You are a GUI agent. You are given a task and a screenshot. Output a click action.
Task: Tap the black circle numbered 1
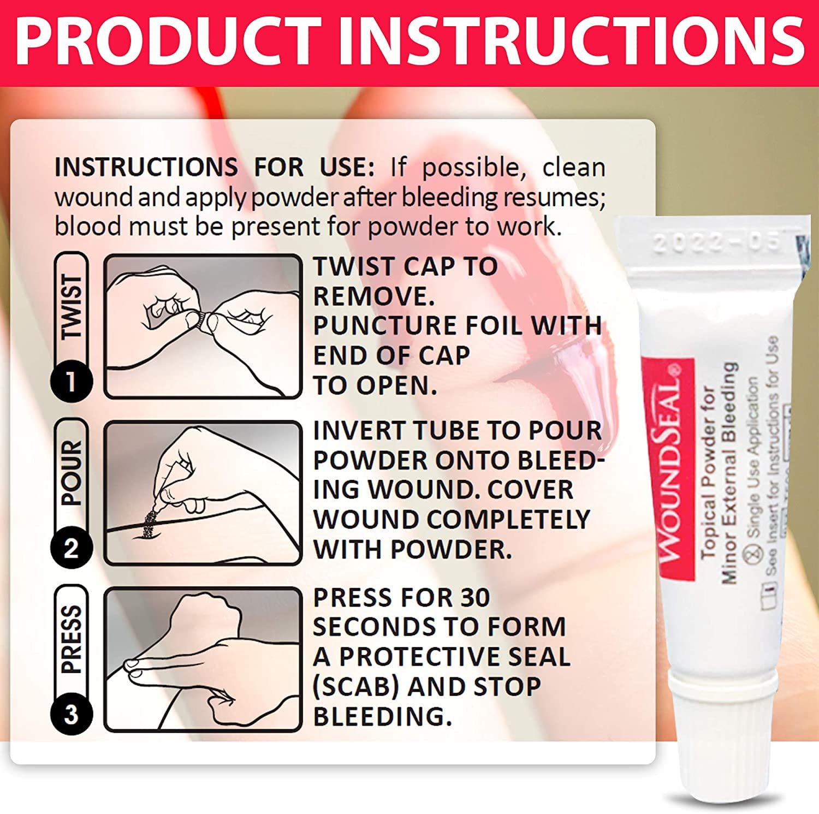coord(71,381)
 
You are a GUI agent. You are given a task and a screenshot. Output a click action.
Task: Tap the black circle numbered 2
coord(71,548)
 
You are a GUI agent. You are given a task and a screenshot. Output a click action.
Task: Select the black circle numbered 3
coord(71,714)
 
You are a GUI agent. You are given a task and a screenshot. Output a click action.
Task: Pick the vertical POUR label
coord(72,473)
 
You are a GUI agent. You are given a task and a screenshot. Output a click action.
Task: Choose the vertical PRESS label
coord(72,639)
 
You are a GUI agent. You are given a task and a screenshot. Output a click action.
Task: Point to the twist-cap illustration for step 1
coord(203,326)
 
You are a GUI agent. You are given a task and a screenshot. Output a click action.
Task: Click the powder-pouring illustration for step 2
coord(203,492)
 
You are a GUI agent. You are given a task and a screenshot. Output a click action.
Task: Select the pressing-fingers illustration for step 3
coord(203,659)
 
